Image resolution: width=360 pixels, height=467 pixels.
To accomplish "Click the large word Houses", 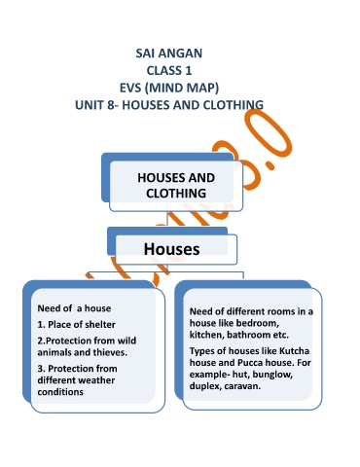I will (x=171, y=249).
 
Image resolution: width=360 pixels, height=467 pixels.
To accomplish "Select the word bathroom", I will (x=250, y=335).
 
